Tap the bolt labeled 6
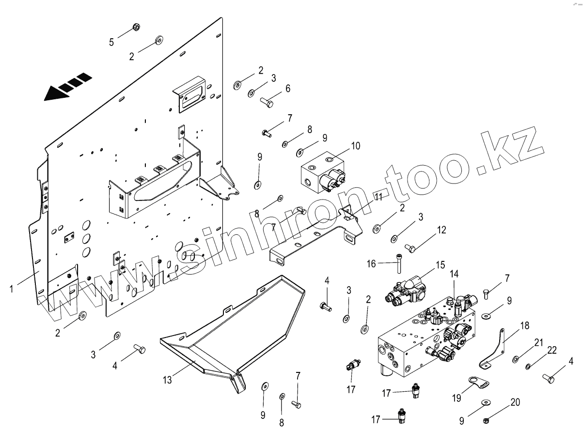267,102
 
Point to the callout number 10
356,145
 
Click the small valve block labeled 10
322,173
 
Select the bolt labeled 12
410,249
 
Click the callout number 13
167,380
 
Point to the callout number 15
440,265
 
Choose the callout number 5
111,42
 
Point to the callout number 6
288,89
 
